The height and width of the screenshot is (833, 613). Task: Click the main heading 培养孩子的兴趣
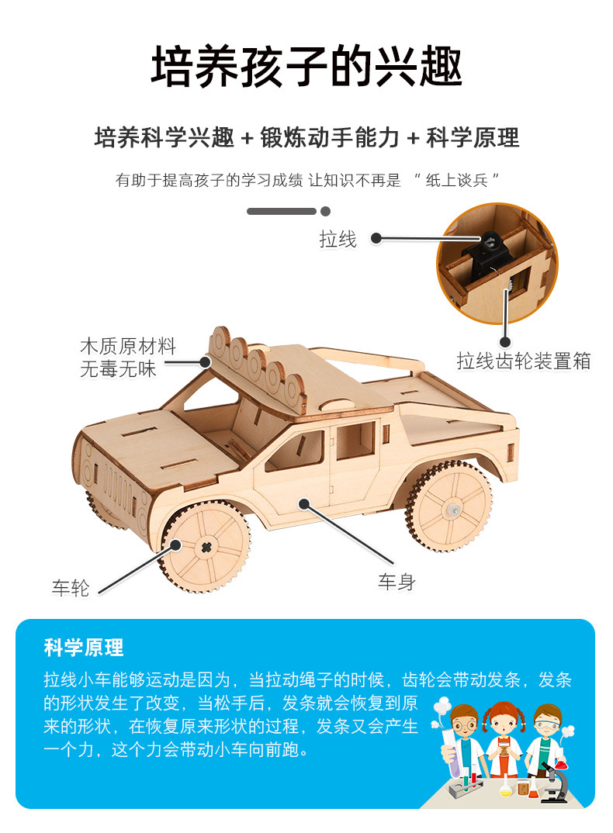(306, 67)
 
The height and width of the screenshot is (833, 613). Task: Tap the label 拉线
(338, 240)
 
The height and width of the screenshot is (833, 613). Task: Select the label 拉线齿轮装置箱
(524, 361)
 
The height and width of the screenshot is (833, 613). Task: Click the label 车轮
(71, 589)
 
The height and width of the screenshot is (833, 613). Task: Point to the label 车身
(397, 581)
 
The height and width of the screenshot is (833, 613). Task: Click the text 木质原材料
(128, 346)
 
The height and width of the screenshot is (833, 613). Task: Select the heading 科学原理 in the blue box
(84, 648)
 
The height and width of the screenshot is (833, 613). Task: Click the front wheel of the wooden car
(206, 546)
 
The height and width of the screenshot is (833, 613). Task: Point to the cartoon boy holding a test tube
(461, 741)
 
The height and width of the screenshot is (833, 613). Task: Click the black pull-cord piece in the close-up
(487, 244)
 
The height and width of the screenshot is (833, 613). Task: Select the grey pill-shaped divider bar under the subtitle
(281, 211)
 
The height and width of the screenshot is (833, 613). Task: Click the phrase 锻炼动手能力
(330, 138)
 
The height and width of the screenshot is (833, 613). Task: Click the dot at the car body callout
(304, 504)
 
